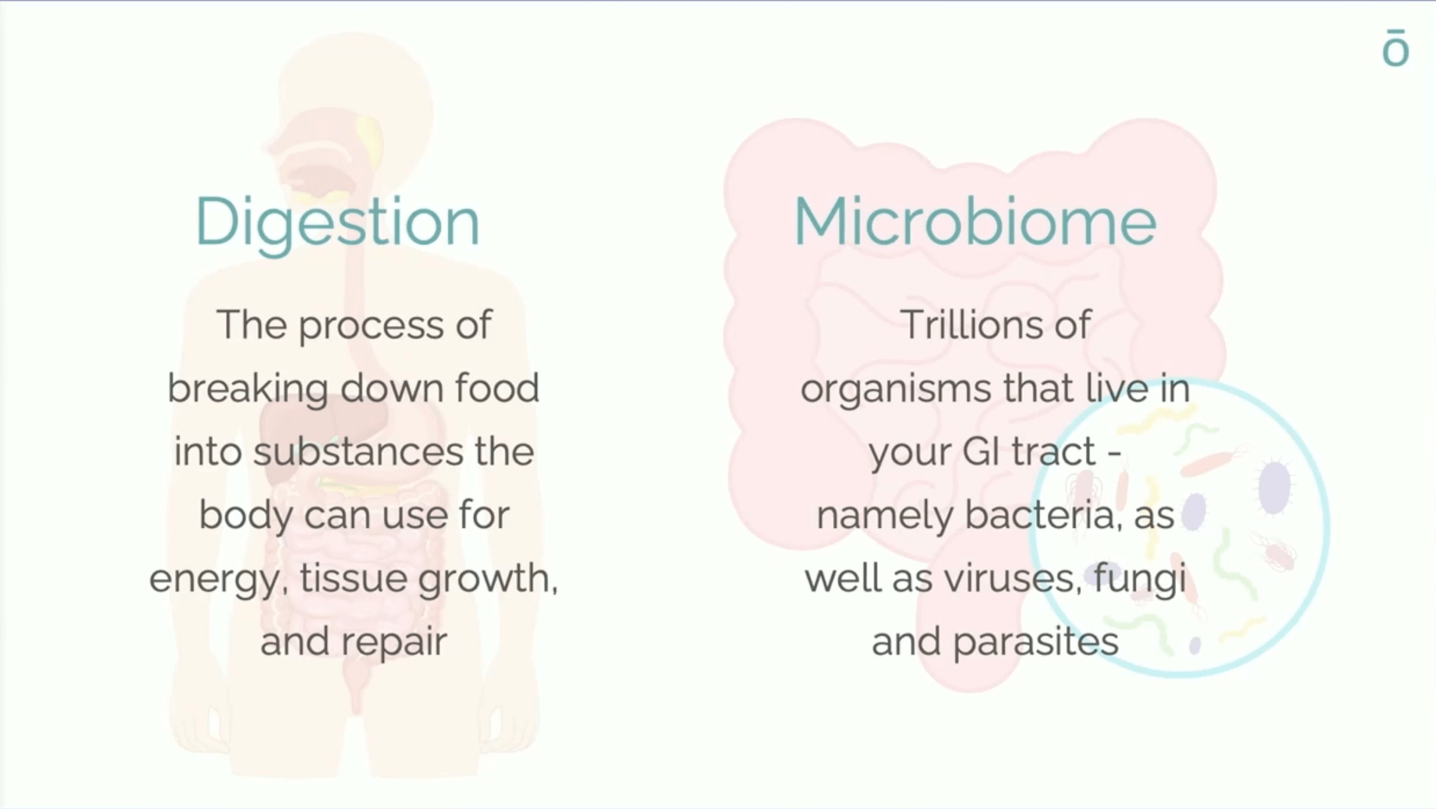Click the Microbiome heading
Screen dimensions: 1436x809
click(975, 221)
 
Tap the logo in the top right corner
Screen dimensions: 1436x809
click(1395, 48)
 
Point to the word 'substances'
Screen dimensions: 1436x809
click(358, 451)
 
